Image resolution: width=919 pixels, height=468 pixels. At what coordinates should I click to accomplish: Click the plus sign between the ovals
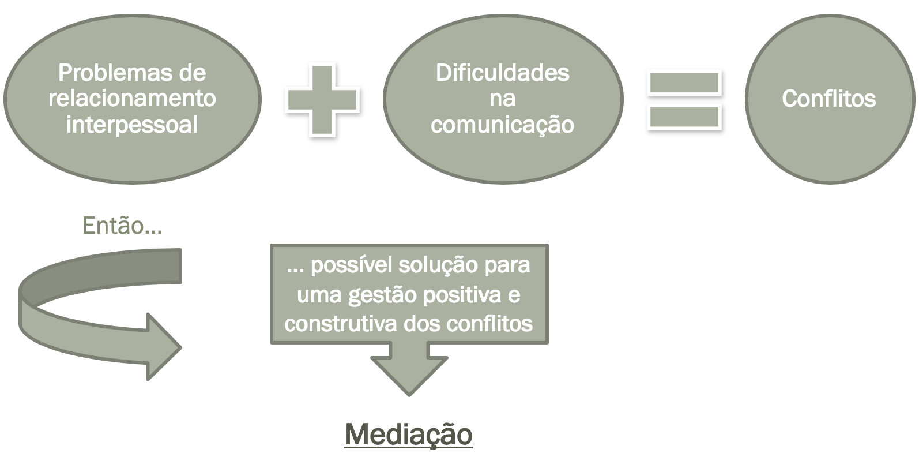(322, 99)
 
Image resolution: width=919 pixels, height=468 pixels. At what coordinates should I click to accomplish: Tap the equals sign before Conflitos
(684, 99)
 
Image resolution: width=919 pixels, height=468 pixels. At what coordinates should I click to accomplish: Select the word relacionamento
(132, 98)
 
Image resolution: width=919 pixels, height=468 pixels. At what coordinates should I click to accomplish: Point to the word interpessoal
(132, 124)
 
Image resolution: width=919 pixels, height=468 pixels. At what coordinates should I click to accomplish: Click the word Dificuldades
(502, 73)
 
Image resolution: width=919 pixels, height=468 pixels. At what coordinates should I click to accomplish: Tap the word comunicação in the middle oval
(502, 124)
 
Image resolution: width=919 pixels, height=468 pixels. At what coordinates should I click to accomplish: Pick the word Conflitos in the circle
(828, 99)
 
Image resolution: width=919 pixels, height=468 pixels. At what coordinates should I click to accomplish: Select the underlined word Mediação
(409, 434)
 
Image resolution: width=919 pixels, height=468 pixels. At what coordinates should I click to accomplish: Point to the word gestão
(383, 294)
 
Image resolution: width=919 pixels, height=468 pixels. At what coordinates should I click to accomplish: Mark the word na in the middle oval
(502, 99)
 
